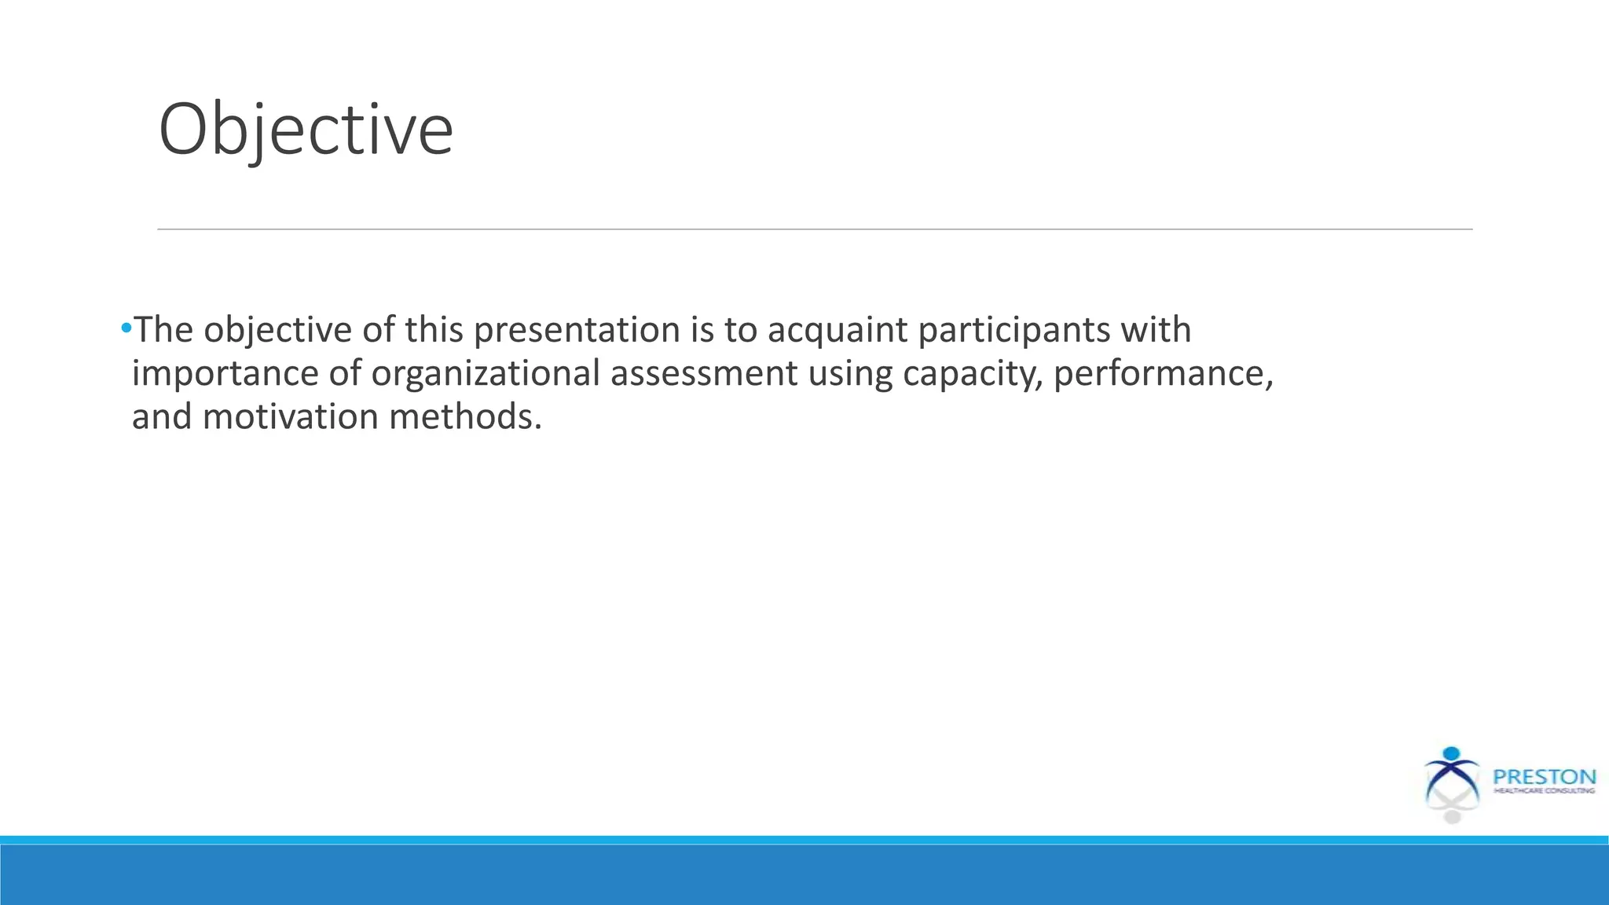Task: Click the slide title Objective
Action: pyautogui.click(x=306, y=130)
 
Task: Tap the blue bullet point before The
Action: pyautogui.click(x=126, y=328)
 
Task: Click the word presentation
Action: pyautogui.click(x=577, y=330)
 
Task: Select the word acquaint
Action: pyautogui.click(x=837, y=330)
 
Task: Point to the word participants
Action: pyautogui.click(x=1014, y=330)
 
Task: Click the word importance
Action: pyautogui.click(x=225, y=373)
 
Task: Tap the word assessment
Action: pyautogui.click(x=703, y=373)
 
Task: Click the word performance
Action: pyautogui.click(x=1162, y=373)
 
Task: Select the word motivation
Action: pyautogui.click(x=290, y=416)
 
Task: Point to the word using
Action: pyautogui.click(x=850, y=373)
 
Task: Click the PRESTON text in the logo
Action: pyautogui.click(x=1544, y=777)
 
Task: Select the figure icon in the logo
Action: pyautogui.click(x=1451, y=786)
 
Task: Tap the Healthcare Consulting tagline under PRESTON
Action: pyautogui.click(x=1544, y=791)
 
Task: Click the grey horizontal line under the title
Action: pyautogui.click(x=814, y=229)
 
